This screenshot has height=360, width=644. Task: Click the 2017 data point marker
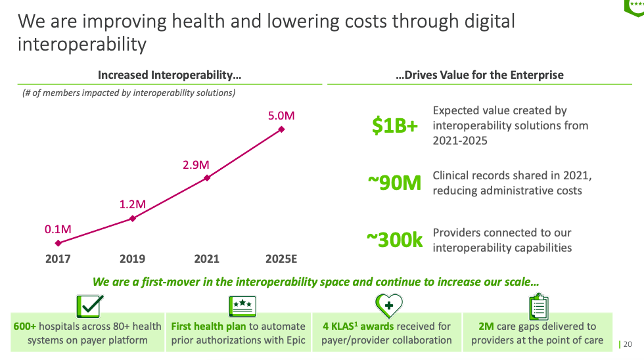(58, 243)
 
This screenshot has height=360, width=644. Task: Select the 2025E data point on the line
(282, 129)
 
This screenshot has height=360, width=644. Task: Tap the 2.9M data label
(196, 165)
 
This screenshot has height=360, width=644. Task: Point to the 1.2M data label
(133, 204)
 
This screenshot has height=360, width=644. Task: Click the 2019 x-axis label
(133, 259)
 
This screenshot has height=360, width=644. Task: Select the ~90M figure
(394, 184)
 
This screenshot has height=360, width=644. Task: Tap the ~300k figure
(394, 240)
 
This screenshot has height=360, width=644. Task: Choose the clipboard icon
(539, 307)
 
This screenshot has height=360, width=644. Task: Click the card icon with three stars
(242, 306)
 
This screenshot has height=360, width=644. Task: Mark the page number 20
(627, 344)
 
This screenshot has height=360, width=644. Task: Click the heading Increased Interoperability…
(170, 75)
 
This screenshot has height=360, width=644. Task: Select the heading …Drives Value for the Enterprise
(480, 75)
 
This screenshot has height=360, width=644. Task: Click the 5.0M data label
(281, 116)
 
